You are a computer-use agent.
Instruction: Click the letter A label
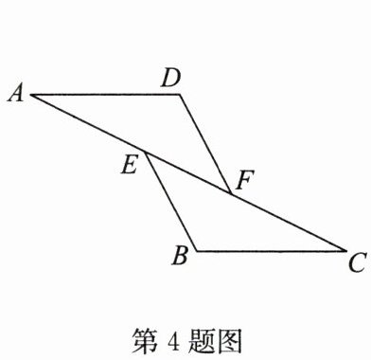pyautogui.click(x=16, y=94)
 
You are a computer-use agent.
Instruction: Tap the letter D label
pyautogui.click(x=170, y=78)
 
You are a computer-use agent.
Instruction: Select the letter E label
pyautogui.click(x=130, y=165)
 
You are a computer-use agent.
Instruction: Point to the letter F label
pyautogui.click(x=244, y=180)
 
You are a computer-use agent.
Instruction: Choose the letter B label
pyautogui.click(x=181, y=255)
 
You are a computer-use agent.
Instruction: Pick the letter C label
pyautogui.click(x=358, y=262)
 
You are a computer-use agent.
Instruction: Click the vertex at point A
pyautogui.click(x=30, y=95)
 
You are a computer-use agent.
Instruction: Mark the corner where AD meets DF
pyautogui.click(x=180, y=94)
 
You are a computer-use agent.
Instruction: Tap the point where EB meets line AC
pyautogui.click(x=145, y=152)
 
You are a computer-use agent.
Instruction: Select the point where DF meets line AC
pyautogui.click(x=231, y=193)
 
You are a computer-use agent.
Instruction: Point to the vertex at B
pyautogui.click(x=197, y=251)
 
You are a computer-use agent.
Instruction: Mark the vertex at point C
pyautogui.click(x=345, y=251)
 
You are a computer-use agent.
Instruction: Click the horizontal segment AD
pyautogui.click(x=105, y=95)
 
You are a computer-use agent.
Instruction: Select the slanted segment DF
pyautogui.click(x=205, y=144)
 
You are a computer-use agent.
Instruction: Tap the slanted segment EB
pyautogui.click(x=171, y=202)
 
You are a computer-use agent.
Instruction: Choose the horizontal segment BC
pyautogui.click(x=272, y=251)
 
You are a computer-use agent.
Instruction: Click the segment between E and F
pyautogui.click(x=188, y=172)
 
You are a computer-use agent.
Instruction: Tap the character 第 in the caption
pyautogui.click(x=145, y=341)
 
